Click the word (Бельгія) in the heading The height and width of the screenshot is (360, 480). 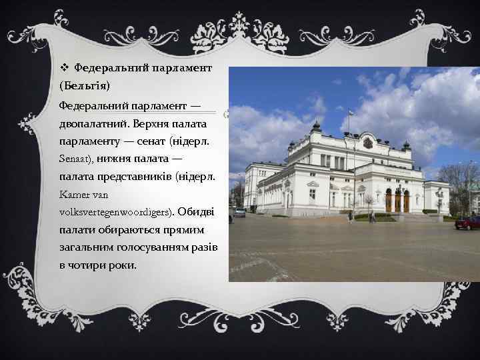(85, 87)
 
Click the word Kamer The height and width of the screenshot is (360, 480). (73, 195)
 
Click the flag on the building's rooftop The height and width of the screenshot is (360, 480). (351, 113)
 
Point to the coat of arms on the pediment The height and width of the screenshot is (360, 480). (368, 143)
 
